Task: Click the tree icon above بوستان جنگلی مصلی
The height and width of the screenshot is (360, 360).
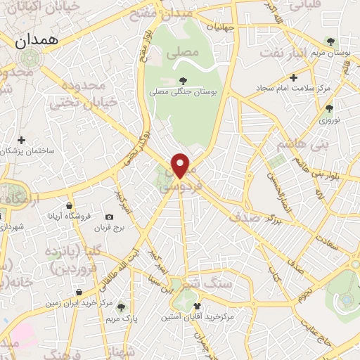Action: [x=184, y=80]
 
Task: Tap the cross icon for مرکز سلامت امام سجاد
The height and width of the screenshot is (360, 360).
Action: [x=294, y=77]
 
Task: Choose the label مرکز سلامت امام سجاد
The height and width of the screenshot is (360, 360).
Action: [x=294, y=88]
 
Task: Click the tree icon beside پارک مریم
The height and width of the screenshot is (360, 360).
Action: [x=121, y=307]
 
